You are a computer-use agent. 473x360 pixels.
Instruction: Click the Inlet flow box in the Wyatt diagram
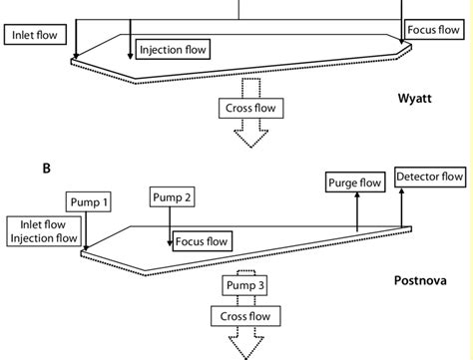click(x=35, y=36)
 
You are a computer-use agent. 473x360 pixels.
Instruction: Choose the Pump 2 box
click(x=173, y=197)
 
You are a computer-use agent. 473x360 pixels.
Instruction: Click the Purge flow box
click(x=355, y=181)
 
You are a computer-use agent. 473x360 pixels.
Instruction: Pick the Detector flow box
click(x=430, y=178)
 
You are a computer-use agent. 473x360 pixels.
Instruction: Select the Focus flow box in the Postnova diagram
click(x=203, y=241)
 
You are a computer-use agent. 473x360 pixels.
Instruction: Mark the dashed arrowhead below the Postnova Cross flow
click(x=243, y=345)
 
